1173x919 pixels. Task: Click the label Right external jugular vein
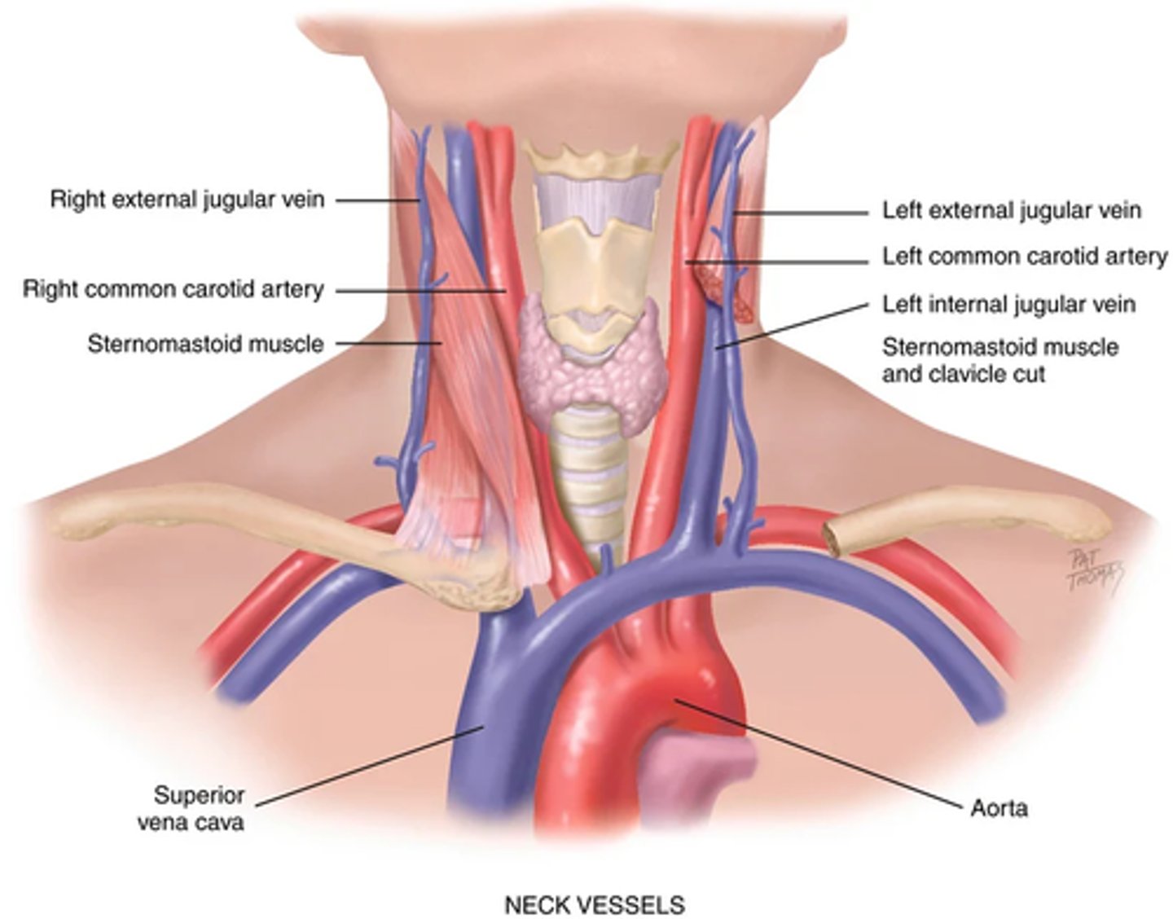click(187, 200)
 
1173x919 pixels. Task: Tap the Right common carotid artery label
click(173, 289)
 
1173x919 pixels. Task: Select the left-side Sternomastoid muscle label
click(205, 344)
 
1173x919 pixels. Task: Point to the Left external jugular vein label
click(1012, 210)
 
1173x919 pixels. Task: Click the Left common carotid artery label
click(1025, 257)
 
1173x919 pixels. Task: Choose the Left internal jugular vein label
click(1008, 305)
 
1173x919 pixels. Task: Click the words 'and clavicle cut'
click(963, 375)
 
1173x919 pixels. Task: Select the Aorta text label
click(999, 808)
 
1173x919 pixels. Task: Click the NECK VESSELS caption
click(595, 904)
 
